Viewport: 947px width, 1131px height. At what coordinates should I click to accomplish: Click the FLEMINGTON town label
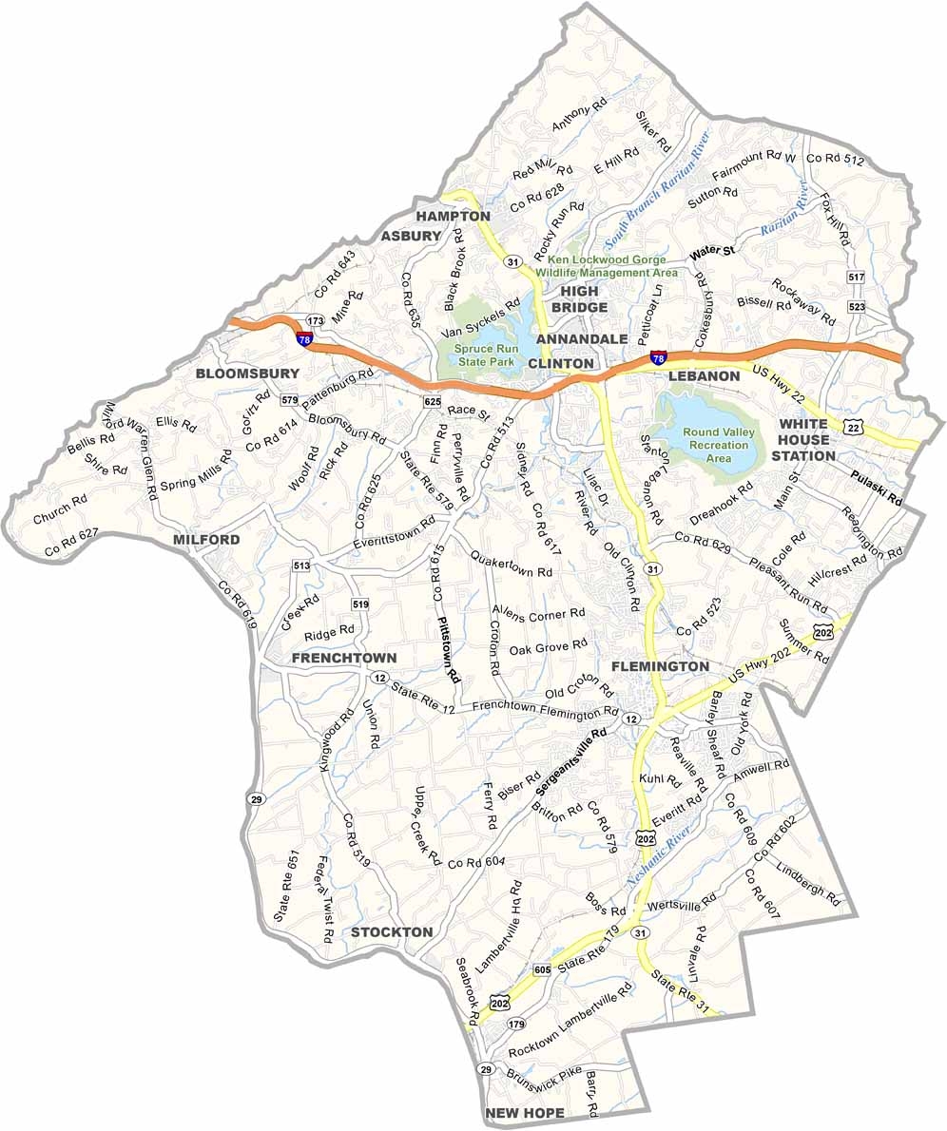coord(660,667)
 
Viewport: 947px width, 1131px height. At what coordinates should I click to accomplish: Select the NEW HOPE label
coord(524,1113)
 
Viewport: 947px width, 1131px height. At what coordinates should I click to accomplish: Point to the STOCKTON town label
coord(392,932)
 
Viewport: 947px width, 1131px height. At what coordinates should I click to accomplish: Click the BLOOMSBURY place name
coord(247,374)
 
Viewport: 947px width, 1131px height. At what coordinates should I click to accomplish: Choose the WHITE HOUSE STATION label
coord(803,439)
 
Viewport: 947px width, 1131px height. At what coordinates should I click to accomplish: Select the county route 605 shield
coord(542,969)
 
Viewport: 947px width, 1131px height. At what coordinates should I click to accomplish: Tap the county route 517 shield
coord(857,277)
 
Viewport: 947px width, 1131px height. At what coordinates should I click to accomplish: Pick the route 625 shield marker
coord(431,403)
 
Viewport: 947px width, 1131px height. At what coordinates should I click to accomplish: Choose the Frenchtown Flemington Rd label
coord(545,709)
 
